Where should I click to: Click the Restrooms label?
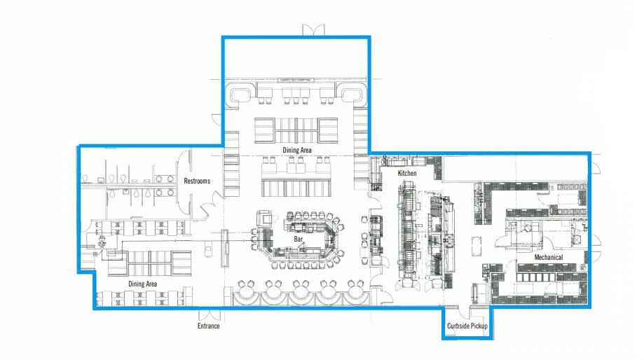coord(197,181)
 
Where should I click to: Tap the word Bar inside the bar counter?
coord(298,239)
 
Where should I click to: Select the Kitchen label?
coord(407,173)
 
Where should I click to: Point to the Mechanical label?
coord(548,257)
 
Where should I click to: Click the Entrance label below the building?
coord(208,326)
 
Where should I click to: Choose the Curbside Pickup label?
coord(467,326)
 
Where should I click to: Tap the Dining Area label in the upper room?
coord(297,150)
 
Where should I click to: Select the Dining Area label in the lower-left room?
coord(142,284)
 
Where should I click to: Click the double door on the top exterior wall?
coord(313,30)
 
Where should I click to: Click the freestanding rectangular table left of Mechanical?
coord(478,246)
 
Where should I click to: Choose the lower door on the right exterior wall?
coord(595,243)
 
